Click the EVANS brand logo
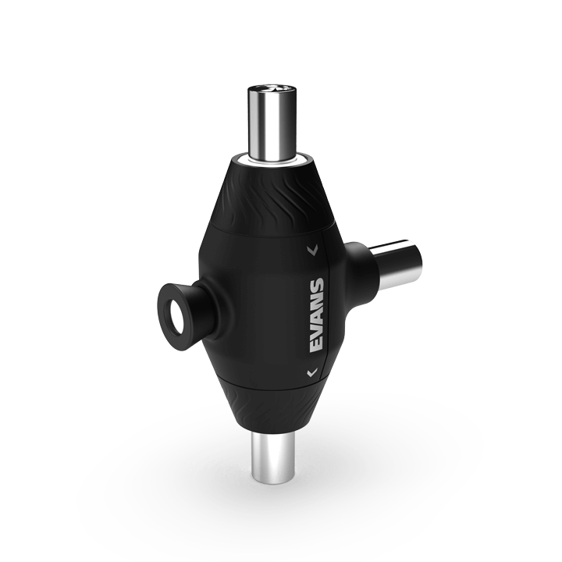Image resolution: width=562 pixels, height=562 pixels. (317, 315)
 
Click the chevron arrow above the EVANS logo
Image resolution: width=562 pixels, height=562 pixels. (312, 251)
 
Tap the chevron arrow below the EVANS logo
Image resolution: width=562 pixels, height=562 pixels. (312, 372)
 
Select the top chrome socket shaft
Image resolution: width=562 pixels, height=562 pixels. (272, 123)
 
